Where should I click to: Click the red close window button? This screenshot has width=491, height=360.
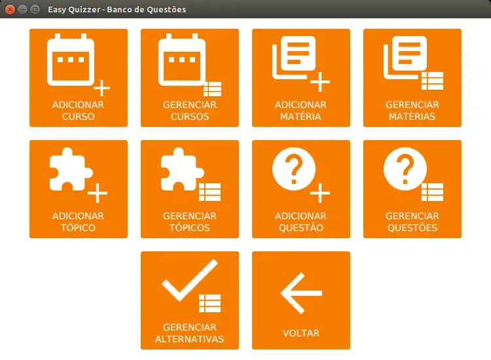tap(10, 9)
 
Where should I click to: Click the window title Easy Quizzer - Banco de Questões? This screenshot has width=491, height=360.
tap(117, 9)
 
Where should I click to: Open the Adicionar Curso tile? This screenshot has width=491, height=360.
tap(79, 78)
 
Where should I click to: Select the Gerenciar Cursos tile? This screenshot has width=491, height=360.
tap(190, 78)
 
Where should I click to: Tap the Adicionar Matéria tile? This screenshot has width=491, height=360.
tap(301, 78)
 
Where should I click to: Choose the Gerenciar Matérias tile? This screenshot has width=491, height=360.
tap(412, 78)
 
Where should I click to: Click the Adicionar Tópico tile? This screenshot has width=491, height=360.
tap(79, 189)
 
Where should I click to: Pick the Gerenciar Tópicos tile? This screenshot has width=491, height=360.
tap(190, 189)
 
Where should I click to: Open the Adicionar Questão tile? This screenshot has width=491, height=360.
tap(301, 189)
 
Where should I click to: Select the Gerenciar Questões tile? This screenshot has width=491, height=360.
tap(412, 189)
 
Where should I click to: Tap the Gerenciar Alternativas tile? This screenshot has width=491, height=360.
tap(190, 300)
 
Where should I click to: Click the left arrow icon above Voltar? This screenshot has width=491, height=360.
tap(301, 293)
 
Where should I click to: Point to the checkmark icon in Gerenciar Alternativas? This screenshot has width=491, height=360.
tap(190, 280)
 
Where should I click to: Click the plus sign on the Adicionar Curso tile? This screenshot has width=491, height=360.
tap(101, 88)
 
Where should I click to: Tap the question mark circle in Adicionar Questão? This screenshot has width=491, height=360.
tap(294, 169)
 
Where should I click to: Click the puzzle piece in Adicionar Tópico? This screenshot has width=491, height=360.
tap(71, 170)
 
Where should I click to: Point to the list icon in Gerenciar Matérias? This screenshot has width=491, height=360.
tap(432, 81)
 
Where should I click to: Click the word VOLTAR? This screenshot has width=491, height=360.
tap(301, 333)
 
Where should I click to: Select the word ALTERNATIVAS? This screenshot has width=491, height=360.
tap(189, 339)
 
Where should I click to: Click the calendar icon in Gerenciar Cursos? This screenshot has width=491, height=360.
tap(182, 60)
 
